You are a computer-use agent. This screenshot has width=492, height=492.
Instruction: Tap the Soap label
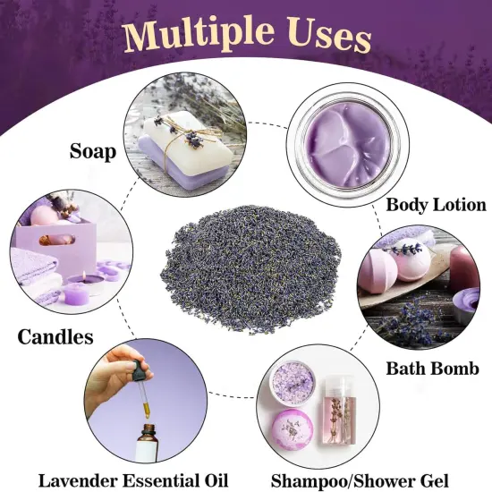[x=93, y=151]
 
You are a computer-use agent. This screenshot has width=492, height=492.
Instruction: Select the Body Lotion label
[x=436, y=205]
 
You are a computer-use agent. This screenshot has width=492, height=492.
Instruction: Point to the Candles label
[x=55, y=337]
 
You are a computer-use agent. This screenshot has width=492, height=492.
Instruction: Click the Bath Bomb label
[x=432, y=369]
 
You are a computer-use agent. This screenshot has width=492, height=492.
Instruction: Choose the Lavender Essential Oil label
[x=133, y=480]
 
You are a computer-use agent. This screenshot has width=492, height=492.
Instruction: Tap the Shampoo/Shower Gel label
[x=360, y=481]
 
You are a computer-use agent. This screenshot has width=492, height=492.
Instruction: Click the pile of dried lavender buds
[x=250, y=269]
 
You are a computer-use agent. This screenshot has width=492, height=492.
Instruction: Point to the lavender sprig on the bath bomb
[x=404, y=250]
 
